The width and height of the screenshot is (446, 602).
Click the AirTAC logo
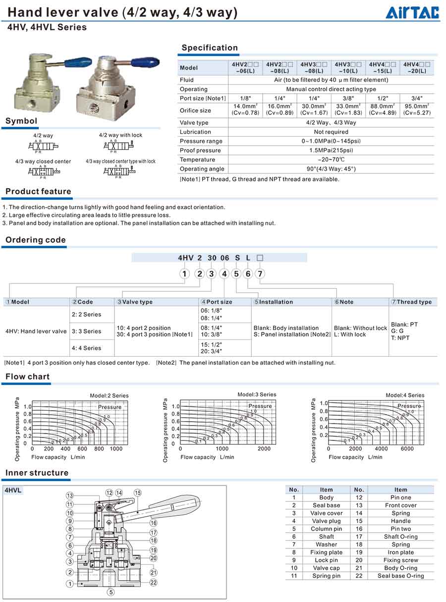[x=412, y=12]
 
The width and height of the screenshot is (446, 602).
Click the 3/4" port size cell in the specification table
[x=417, y=98]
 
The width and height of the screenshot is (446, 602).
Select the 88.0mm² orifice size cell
[x=382, y=109]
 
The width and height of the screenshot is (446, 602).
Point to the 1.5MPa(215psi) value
[x=332, y=150]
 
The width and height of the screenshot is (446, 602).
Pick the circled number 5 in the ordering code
[x=236, y=274]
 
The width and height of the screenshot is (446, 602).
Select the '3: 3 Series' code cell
[x=86, y=331]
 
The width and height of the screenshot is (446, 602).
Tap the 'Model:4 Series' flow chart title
[x=405, y=395]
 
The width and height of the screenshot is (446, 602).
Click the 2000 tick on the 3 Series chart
[x=264, y=448]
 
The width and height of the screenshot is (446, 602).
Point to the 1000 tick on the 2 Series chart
[x=116, y=448]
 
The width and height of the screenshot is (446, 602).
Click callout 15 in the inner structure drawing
[x=138, y=493]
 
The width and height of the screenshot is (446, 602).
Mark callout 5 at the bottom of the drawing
[x=111, y=592]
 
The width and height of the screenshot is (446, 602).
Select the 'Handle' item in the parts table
[x=400, y=521]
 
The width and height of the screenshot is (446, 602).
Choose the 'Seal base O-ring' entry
[x=400, y=576]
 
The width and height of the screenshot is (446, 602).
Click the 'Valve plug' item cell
[x=326, y=521]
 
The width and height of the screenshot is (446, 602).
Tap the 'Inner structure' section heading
[x=37, y=473]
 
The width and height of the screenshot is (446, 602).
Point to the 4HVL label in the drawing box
[x=13, y=491]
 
